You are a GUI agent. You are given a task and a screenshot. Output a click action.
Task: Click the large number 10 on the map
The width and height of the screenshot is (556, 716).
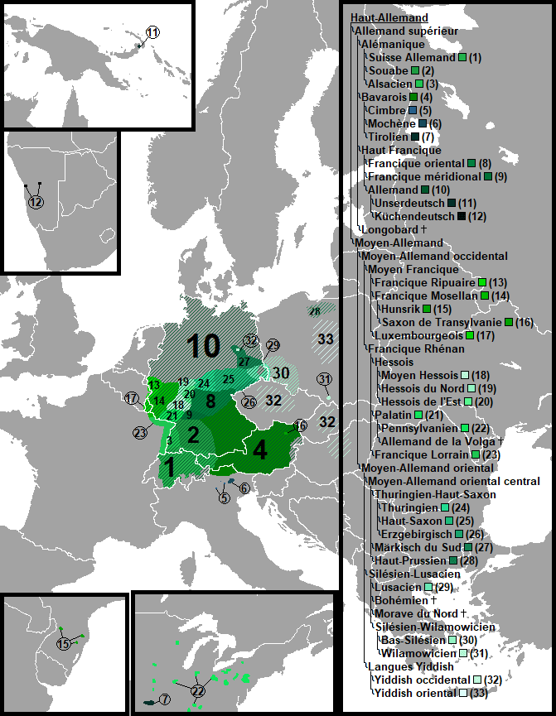pyautogui.click(x=203, y=346)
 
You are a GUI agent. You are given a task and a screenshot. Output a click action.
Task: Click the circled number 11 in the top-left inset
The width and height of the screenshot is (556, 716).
pyautogui.click(x=152, y=32)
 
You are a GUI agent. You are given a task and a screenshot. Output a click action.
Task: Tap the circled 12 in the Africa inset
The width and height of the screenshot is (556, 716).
pyautogui.click(x=35, y=203)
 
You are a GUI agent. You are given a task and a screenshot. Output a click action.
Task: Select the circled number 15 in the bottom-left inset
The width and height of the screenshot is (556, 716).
pyautogui.click(x=64, y=644)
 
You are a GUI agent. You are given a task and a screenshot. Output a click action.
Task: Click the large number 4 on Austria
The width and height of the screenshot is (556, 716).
pyautogui.click(x=260, y=452)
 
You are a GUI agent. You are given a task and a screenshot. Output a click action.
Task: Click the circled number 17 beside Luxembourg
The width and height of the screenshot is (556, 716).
pyautogui.click(x=132, y=398)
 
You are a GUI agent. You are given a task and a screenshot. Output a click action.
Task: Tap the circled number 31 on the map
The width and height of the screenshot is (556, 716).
pyautogui.click(x=324, y=380)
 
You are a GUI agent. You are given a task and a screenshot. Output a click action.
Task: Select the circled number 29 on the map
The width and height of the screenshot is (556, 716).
pyautogui.click(x=273, y=345)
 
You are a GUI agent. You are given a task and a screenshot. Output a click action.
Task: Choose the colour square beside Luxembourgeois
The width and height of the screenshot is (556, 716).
pyautogui.click(x=471, y=335)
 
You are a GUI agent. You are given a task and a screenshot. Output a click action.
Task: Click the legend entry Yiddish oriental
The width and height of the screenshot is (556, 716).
pyautogui.click(x=413, y=693)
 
